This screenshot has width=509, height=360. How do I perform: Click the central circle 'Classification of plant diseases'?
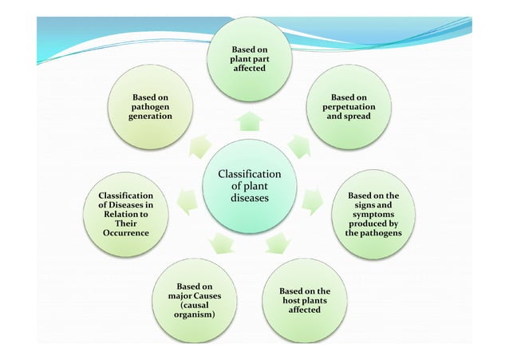coord(250,186)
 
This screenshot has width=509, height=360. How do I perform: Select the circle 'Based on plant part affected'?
coord(249,60)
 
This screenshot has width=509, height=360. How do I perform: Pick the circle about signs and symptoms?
coord(373,213)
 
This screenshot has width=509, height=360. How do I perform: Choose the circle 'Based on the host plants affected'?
coord(304,299)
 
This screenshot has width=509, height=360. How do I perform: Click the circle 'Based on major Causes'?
coord(195,300)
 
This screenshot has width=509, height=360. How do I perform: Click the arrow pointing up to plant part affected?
coord(250,121)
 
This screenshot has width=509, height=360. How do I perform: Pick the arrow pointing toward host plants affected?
coord(277,240)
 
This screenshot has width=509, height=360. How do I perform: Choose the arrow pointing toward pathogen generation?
coord(199,147)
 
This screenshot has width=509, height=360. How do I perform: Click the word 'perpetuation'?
coord(348,106)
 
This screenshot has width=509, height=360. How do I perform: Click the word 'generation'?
coord(150,117)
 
